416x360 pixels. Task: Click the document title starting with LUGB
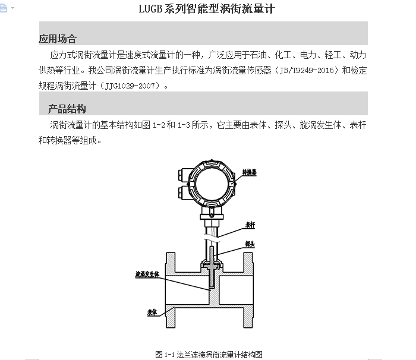click(x=207, y=9)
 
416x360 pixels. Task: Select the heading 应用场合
click(x=58, y=39)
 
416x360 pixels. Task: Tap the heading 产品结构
click(x=67, y=109)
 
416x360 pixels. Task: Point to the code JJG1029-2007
click(x=130, y=86)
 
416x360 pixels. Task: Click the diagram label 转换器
click(x=250, y=172)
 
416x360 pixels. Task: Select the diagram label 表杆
click(x=250, y=225)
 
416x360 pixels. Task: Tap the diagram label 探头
click(x=250, y=244)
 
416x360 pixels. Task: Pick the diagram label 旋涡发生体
click(x=147, y=274)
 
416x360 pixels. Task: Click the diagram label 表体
click(x=152, y=312)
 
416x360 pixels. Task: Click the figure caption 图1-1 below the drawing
click(x=209, y=355)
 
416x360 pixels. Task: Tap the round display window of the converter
click(x=212, y=184)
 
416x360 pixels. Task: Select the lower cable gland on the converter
click(x=184, y=192)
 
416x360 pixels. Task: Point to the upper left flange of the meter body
click(x=171, y=263)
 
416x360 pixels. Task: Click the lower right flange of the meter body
click(x=248, y=317)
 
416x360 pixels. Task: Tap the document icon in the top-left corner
click(x=4, y=8)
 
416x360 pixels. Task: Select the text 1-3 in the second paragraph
click(x=184, y=125)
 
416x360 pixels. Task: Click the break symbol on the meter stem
click(x=212, y=238)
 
